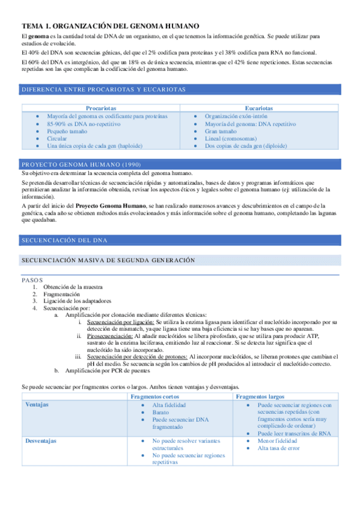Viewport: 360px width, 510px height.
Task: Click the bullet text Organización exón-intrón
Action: (x=238, y=115)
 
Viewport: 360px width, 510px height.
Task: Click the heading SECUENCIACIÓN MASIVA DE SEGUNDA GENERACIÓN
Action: (x=109, y=260)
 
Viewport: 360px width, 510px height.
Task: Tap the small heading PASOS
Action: (x=32, y=280)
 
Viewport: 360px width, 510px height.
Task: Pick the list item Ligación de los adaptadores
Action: (x=77, y=301)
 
